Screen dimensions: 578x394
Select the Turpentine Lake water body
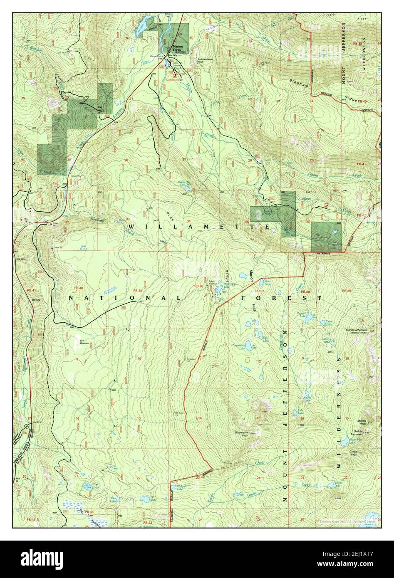[x=248, y=346]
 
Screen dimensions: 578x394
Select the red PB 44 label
[x=89, y=511]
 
